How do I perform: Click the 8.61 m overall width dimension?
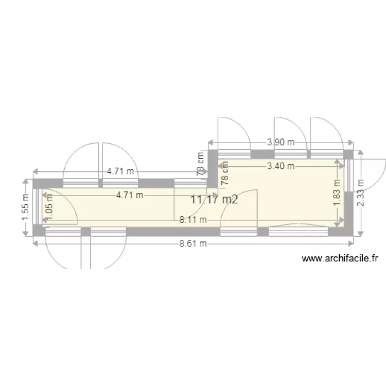point(193,244)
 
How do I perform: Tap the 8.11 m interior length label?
point(193,220)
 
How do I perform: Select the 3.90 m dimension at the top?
point(281,142)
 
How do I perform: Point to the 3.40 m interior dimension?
point(281,166)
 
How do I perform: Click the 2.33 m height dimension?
point(360,193)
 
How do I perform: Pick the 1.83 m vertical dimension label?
point(337,193)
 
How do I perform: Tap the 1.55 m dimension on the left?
point(26,207)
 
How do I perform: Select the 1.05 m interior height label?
point(49,207)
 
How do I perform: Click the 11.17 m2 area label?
point(214,199)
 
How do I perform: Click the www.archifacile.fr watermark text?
point(340,258)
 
